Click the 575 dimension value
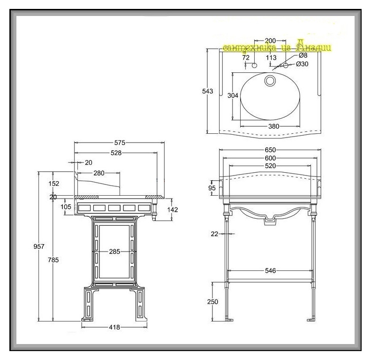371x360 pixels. tap(120, 142)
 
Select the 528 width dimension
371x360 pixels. tap(116, 153)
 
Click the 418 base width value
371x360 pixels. tap(115, 327)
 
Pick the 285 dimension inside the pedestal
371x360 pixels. tap(115, 251)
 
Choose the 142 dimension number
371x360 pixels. tap(173, 210)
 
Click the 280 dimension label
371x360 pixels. tap(99, 173)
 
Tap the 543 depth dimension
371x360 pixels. tap(208, 91)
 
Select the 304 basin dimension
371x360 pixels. tap(233, 95)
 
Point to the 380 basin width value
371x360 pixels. tap(273, 126)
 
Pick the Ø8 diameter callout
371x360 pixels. tap(303, 56)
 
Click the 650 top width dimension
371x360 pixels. tap(270, 150)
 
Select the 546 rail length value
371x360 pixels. tap(270, 271)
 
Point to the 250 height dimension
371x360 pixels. tap(212, 302)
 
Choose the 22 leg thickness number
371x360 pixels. tap(214, 233)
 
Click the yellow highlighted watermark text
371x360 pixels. tap(277, 47)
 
